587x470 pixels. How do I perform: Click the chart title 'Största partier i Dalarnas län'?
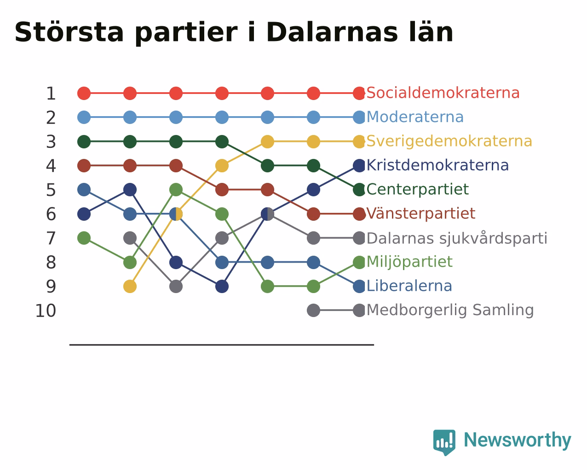point(234,33)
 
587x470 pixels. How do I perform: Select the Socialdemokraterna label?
point(443,93)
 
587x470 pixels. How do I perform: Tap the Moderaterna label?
point(414,117)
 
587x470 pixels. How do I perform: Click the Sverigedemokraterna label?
point(449,141)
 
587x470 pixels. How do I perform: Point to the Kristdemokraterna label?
point(437,165)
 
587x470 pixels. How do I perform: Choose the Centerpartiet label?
point(417,189)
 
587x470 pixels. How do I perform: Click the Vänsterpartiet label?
point(420,213)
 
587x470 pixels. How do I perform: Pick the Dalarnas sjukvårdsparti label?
point(457,238)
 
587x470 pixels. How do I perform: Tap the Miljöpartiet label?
point(409,262)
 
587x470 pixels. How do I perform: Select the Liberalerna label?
point(409,286)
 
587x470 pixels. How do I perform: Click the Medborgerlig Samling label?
point(450,310)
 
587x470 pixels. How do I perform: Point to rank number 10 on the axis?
point(46,311)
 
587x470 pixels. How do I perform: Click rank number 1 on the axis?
point(51,94)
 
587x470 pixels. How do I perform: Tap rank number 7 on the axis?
point(51,238)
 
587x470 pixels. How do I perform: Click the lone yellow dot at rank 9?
point(130,286)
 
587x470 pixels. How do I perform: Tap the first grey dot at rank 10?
point(313,311)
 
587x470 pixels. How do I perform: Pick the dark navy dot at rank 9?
point(222,286)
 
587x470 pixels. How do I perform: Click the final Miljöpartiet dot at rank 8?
point(359,262)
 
